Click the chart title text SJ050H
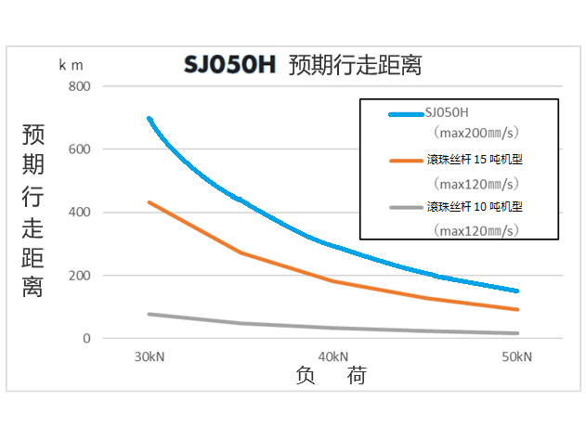coord(228,66)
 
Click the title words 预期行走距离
coord(355,66)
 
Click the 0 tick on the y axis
coord(86,339)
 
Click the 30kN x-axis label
coord(149,356)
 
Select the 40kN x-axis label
coord(332,356)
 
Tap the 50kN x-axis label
coord(516,356)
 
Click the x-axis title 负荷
coord(331,376)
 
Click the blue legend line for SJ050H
coord(405,114)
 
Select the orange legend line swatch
coord(405,161)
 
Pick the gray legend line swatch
coord(405,207)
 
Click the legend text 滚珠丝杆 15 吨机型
coord(481,160)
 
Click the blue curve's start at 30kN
coord(149,119)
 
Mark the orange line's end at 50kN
coord(516,310)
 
